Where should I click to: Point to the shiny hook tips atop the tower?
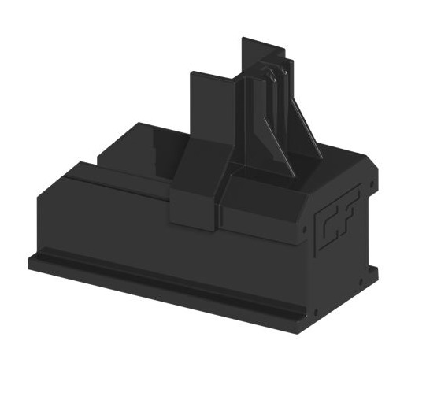tap(270, 72)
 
